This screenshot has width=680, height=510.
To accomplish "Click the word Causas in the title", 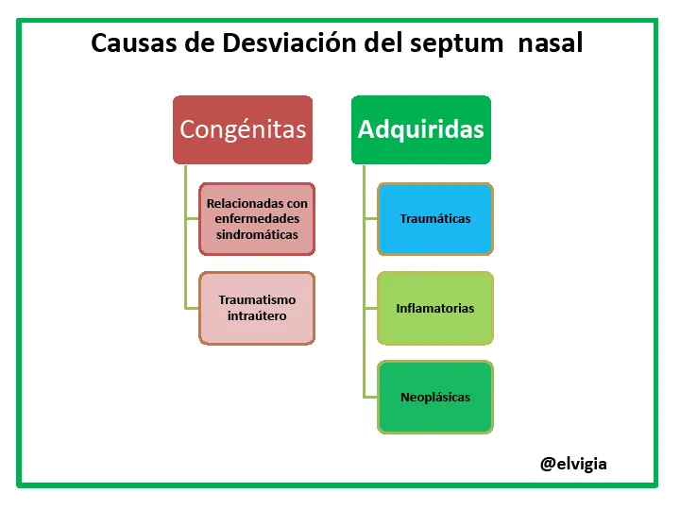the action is click(133, 42).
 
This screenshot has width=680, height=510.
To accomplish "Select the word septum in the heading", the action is click(456, 44).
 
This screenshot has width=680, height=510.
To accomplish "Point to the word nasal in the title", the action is click(551, 42).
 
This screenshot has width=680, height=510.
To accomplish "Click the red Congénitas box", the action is click(243, 129).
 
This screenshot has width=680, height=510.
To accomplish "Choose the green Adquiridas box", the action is click(421, 129).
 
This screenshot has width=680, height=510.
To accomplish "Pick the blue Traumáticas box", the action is click(435, 219).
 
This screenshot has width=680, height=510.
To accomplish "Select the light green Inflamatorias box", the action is click(435, 308).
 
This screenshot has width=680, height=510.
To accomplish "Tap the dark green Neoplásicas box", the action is click(435, 398).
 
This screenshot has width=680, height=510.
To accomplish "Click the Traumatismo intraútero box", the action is click(257, 308).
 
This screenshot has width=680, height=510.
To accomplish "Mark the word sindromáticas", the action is click(257, 234).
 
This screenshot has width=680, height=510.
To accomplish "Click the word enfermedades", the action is click(257, 218).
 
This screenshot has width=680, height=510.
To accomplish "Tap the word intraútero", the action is click(257, 315).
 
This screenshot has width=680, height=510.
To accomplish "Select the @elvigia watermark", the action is click(573, 464).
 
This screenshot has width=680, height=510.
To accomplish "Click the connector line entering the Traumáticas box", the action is click(371, 218).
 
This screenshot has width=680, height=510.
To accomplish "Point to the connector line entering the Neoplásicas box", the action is click(371, 397).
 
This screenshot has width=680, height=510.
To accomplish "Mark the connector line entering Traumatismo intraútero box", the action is click(192, 308).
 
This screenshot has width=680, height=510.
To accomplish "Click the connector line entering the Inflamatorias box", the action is click(371, 308).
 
